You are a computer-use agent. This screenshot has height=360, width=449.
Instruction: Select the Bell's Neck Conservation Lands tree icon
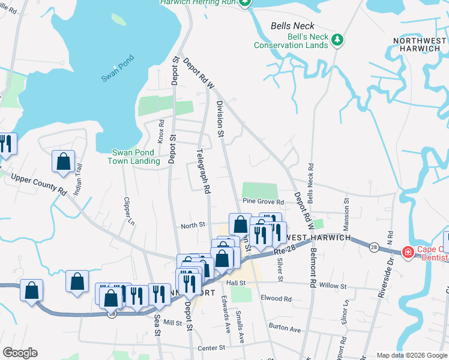click(339, 40)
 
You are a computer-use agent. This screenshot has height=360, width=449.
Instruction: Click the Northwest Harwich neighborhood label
click(420, 45)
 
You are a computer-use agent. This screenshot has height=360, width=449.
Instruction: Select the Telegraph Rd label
click(203, 170)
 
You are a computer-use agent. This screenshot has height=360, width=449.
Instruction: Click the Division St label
click(220, 117)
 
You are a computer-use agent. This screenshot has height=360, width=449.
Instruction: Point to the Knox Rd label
click(161, 130)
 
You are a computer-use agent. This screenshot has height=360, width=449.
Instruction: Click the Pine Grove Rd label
click(263, 201)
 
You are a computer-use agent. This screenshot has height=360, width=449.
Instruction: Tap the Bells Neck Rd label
click(310, 183)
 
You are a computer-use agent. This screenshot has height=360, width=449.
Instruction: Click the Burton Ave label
click(285, 329)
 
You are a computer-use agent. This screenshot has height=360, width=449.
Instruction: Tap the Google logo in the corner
click(20, 353)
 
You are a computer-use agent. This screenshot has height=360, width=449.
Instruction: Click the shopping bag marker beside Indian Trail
click(63, 161)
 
